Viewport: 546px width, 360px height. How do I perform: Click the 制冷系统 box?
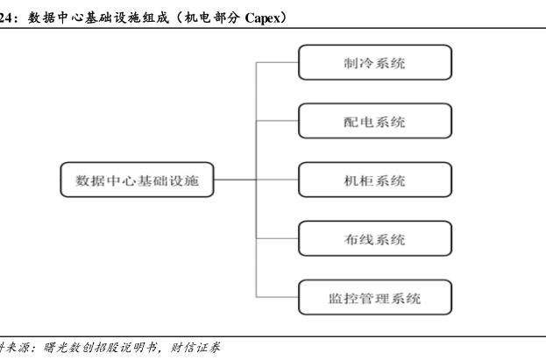375,62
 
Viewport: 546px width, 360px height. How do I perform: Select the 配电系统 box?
375,121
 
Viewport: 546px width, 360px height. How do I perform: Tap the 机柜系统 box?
375,180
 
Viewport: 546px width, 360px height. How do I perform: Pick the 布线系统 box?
375,238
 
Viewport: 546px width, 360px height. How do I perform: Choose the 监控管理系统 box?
375,297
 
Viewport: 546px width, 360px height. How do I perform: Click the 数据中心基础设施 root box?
138,180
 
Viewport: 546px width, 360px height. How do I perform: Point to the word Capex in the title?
262,18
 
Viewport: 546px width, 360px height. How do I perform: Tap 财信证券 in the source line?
195,348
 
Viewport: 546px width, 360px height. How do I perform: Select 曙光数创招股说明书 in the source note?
100,348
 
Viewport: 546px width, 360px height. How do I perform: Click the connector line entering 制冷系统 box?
277,62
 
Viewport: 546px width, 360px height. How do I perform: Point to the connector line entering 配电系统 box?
277,121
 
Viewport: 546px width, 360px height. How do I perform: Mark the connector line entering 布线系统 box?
277,238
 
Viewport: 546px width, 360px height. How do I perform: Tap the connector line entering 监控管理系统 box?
277,297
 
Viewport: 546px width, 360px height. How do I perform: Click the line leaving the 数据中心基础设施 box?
235,180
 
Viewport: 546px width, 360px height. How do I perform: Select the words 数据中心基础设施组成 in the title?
98,18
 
